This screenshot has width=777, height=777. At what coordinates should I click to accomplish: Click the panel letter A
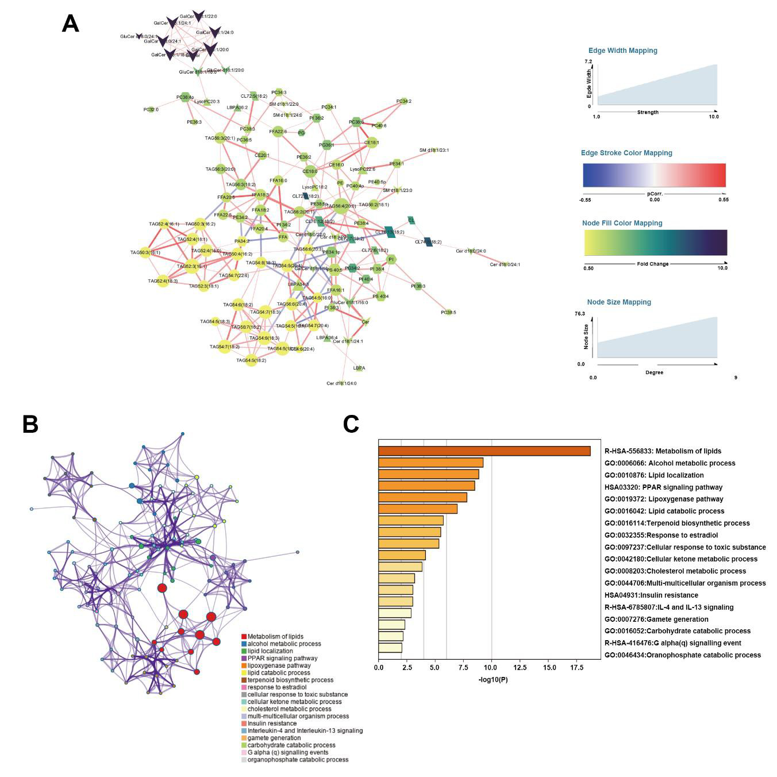coord(70,24)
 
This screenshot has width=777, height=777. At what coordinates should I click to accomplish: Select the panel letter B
coord(30,424)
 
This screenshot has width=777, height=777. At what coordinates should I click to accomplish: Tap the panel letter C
coord(351,424)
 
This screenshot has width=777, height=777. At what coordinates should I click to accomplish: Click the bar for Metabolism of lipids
coord(484,451)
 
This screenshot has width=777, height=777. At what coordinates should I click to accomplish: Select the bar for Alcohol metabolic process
coord(430,463)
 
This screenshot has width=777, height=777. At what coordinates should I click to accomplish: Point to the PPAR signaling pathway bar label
coord(663,487)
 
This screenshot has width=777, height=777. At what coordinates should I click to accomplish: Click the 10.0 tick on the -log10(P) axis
coord(491,668)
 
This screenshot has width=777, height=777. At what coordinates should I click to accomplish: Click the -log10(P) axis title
coord(493,680)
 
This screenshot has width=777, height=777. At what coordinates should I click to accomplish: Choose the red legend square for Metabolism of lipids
coord(244,637)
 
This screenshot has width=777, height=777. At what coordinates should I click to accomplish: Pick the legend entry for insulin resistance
coord(272,724)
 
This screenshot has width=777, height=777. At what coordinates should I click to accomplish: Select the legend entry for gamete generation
coord(274,738)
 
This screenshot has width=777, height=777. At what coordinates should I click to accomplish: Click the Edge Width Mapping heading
coord(622,51)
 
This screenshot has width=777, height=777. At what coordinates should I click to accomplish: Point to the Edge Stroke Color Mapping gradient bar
coord(654,175)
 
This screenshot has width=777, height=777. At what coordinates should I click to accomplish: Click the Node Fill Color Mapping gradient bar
coord(655,243)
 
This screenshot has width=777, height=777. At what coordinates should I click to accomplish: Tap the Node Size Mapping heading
coord(619,302)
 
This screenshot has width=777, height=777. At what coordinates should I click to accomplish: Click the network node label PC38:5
coord(448,313)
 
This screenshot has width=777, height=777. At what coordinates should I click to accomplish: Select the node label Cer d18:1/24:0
coord(341,383)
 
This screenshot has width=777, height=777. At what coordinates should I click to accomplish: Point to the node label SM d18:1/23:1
coord(434,151)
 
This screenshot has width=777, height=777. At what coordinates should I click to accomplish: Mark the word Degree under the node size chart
coord(654,372)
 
